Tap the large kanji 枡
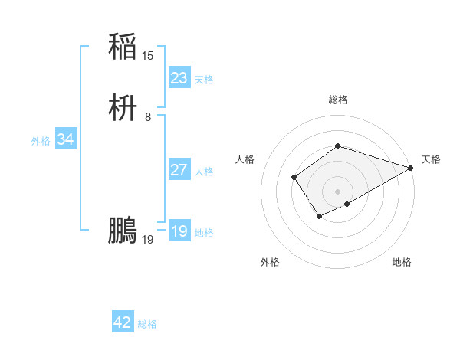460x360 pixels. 123,109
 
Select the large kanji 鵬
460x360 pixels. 123,230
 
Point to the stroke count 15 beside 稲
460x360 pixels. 148,56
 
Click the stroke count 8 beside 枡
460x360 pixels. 148,117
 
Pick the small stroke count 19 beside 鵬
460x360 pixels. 148,240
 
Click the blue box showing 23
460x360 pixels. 179,78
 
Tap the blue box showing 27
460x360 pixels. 179,170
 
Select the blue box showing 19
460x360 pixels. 179,231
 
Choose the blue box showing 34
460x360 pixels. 65,139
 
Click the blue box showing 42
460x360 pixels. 123,322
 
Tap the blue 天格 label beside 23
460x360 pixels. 204,80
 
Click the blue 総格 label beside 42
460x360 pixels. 147,324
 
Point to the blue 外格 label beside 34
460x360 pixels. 41,141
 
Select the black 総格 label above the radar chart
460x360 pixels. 337,100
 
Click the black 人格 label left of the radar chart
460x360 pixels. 245,159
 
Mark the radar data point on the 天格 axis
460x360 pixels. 410,169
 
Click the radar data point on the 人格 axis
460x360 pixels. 294,178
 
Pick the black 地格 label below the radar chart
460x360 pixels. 402,262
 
